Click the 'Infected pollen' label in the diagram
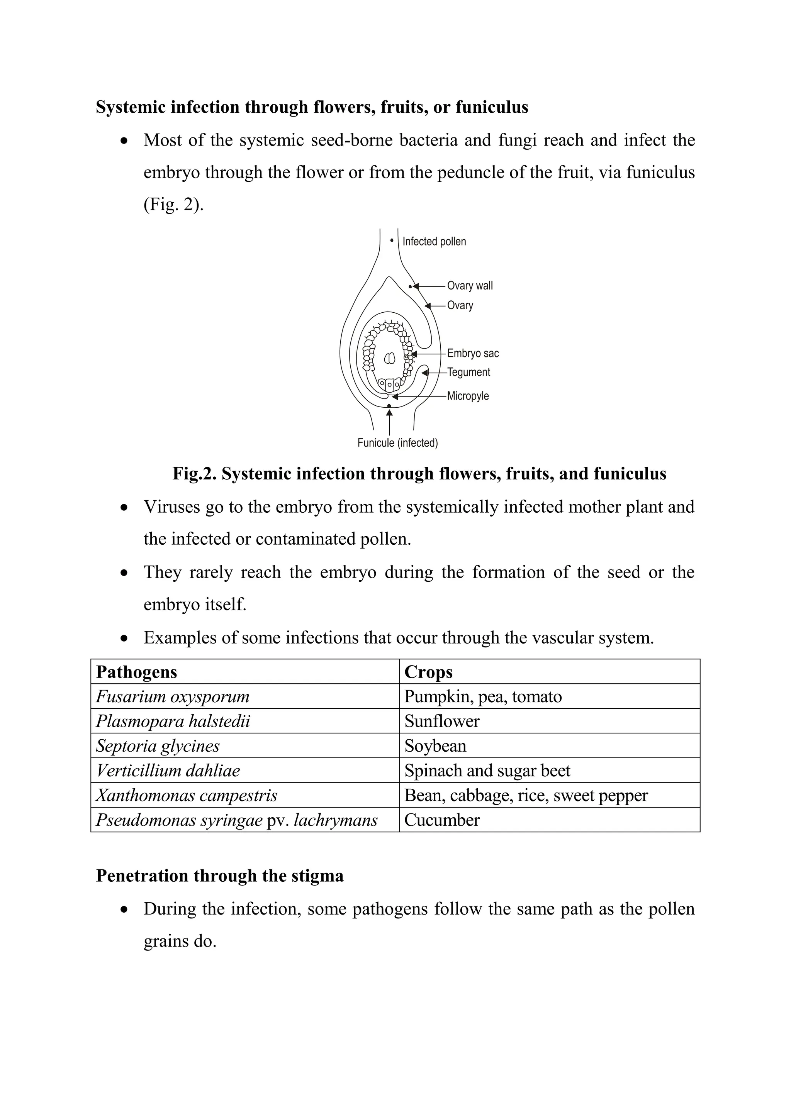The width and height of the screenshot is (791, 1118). [x=434, y=242]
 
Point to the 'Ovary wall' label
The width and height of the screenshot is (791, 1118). [x=470, y=286]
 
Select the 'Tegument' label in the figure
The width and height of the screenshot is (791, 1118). [x=468, y=373]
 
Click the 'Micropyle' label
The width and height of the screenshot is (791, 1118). [x=468, y=396]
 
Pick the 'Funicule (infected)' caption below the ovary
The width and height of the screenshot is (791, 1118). [x=397, y=443]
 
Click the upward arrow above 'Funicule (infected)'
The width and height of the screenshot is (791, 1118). [x=389, y=422]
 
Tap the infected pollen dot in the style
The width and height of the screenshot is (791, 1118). [x=392, y=240]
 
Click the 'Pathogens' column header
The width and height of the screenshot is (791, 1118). [x=136, y=672]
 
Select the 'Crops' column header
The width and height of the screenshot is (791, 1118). [x=428, y=672]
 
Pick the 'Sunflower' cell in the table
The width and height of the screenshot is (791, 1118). [x=442, y=721]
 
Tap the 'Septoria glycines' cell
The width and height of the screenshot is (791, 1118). [x=158, y=746]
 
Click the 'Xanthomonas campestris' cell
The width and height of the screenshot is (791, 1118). [x=187, y=796]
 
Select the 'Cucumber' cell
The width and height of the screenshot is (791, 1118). [x=442, y=820]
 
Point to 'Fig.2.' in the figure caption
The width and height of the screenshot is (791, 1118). [x=194, y=474]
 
